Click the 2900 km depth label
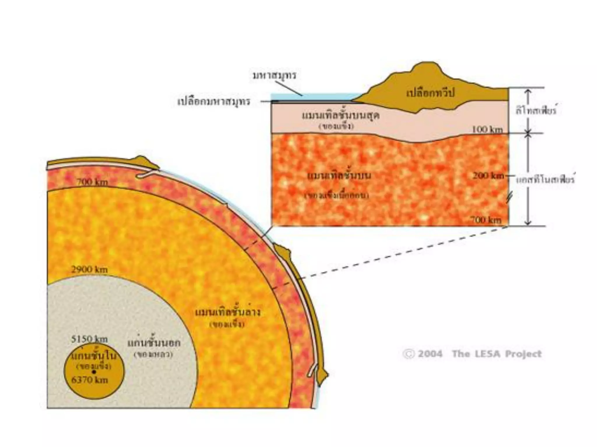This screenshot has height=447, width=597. click(89, 269)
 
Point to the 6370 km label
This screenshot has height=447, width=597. click(89, 380)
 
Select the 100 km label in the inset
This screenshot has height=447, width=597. click(487, 129)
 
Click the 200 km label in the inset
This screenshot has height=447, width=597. click(488, 175)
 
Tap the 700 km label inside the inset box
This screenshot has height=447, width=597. click(486, 220)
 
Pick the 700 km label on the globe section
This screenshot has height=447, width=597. click(92, 182)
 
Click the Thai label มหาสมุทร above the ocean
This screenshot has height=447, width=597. click(274, 75)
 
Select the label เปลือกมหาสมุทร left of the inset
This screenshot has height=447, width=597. click(214, 102)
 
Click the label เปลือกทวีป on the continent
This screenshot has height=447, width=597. click(430, 93)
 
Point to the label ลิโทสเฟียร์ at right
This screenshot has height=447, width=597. click(536, 111)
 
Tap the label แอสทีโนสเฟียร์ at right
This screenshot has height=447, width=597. click(545, 180)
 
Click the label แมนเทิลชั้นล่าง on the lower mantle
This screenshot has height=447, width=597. click(227, 313)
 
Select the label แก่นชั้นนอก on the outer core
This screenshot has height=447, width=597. click(154, 343)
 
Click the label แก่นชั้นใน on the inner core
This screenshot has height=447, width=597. click(94, 356)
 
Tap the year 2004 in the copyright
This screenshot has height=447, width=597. click(430, 354)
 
